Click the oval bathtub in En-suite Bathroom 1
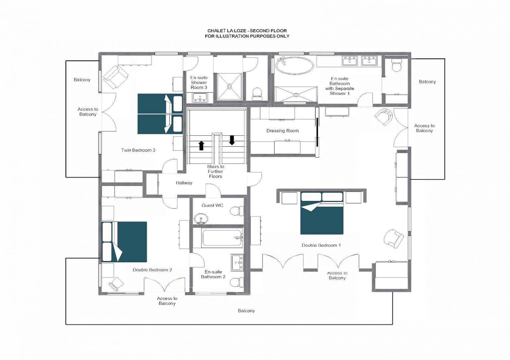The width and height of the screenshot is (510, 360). [x=295, y=65]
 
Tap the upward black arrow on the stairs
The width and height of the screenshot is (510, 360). [x=201, y=146]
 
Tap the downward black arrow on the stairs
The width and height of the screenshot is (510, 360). [x=232, y=140]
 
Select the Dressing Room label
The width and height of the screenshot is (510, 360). [x=283, y=131]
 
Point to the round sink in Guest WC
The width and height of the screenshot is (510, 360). [x=201, y=219]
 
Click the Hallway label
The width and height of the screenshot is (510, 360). [x=184, y=183]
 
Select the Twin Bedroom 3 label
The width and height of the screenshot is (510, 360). [x=138, y=150]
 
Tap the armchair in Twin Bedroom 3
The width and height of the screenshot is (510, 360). [x=116, y=77]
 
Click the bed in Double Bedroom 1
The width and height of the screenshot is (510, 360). [x=322, y=213]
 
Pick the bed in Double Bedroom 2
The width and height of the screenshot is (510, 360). [x=124, y=242]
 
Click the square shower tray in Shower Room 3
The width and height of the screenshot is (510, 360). [x=229, y=87]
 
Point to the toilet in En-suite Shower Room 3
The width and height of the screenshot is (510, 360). [x=257, y=94]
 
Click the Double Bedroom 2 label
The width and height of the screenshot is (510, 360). [x=152, y=270]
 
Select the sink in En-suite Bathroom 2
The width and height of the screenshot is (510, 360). [x=237, y=262]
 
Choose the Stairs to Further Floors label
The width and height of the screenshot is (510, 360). [x=215, y=172]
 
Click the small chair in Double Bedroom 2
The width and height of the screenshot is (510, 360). [x=116, y=284]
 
